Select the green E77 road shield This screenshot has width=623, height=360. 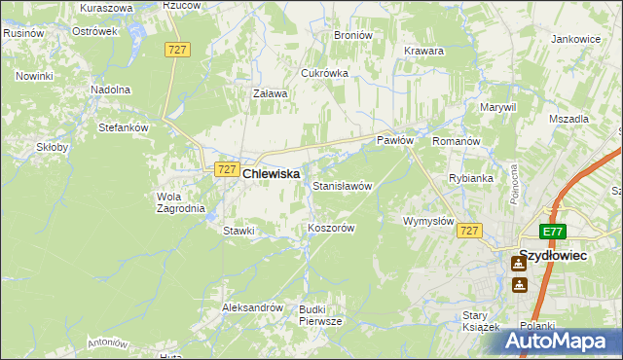click(553, 231)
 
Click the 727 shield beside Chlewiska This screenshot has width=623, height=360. click(226, 169)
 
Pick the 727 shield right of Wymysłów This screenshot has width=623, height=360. click(470, 231)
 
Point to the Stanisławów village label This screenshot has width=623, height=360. click(342, 185)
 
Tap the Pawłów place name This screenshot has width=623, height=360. click(396, 141)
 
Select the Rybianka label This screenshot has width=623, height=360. click(470, 179)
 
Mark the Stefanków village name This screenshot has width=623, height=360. click(123, 127)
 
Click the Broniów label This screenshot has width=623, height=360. click(353, 35)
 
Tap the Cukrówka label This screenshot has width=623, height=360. click(325, 73)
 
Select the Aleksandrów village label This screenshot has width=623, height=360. click(252, 307)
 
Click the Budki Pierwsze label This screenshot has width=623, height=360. click(320, 314)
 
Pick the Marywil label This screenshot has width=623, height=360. click(496, 107)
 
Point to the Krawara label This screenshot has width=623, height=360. click(423, 51)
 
